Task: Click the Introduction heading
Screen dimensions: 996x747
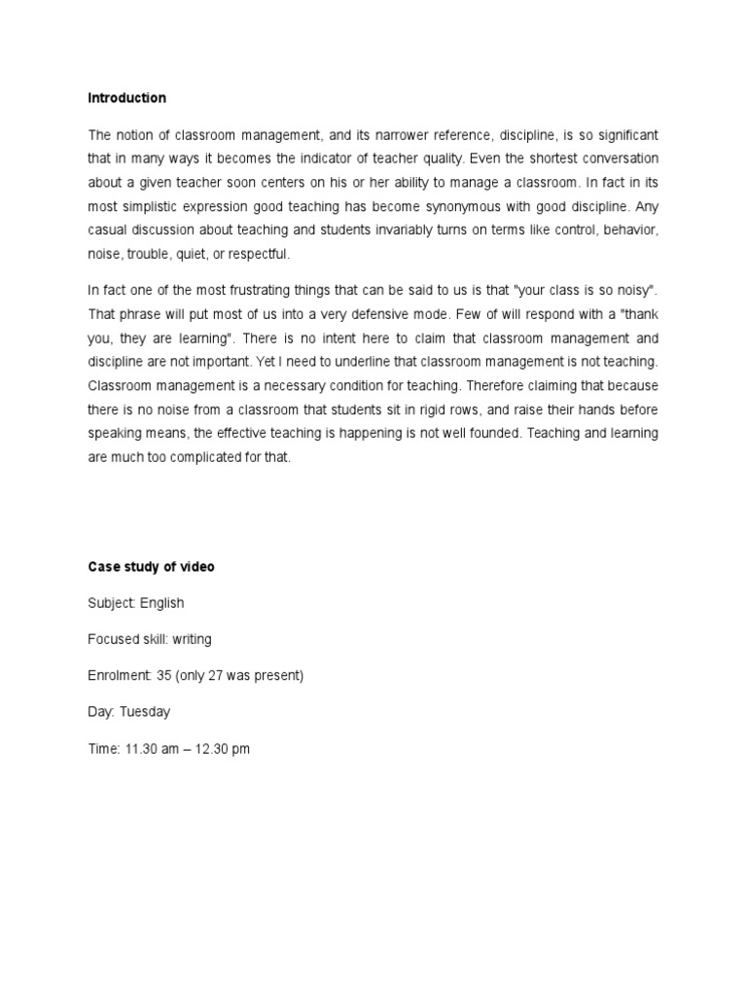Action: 126,98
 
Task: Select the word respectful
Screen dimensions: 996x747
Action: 258,255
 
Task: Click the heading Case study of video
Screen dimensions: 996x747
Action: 151,567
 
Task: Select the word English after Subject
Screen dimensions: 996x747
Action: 161,603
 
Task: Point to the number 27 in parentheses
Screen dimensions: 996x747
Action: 225,675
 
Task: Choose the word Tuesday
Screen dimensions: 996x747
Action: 145,711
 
